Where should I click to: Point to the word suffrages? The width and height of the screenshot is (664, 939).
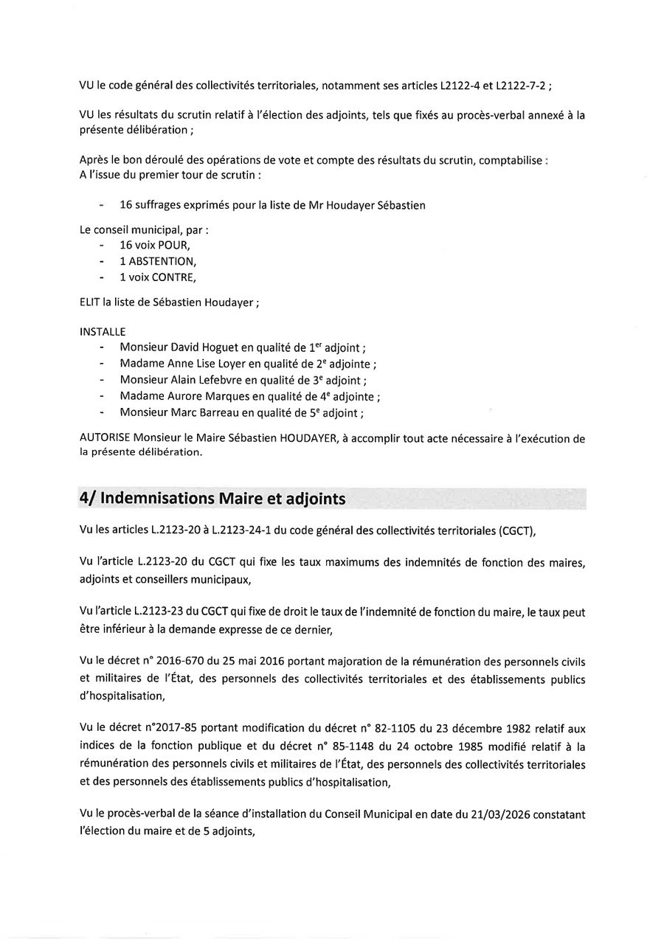(x=160, y=205)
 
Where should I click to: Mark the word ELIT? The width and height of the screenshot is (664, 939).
(x=89, y=301)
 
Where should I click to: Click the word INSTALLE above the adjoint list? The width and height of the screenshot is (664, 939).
(x=102, y=332)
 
